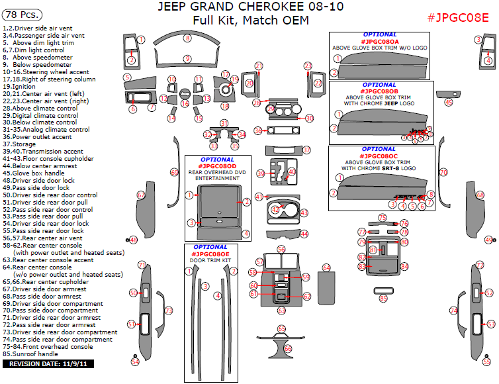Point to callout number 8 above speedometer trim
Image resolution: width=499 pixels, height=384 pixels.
click(x=187, y=39)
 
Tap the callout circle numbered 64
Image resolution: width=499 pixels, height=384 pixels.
click(x=326, y=267)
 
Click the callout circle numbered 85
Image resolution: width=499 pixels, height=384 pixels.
click(x=383, y=299)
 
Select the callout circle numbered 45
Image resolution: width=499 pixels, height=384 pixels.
click(x=448, y=102)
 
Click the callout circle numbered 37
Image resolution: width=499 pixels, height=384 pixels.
click(x=306, y=150)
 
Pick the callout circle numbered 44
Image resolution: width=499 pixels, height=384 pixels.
click(x=304, y=234)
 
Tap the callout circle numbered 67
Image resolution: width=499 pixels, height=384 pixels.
click(x=141, y=195)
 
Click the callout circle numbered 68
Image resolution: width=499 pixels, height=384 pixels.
click(x=478, y=195)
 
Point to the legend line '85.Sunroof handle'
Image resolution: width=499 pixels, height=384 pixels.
click(x=31, y=354)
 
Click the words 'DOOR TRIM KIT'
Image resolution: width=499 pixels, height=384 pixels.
click(x=211, y=260)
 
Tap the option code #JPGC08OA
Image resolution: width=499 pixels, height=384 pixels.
click(x=380, y=41)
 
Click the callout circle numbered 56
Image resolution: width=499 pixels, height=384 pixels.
click(x=281, y=249)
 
